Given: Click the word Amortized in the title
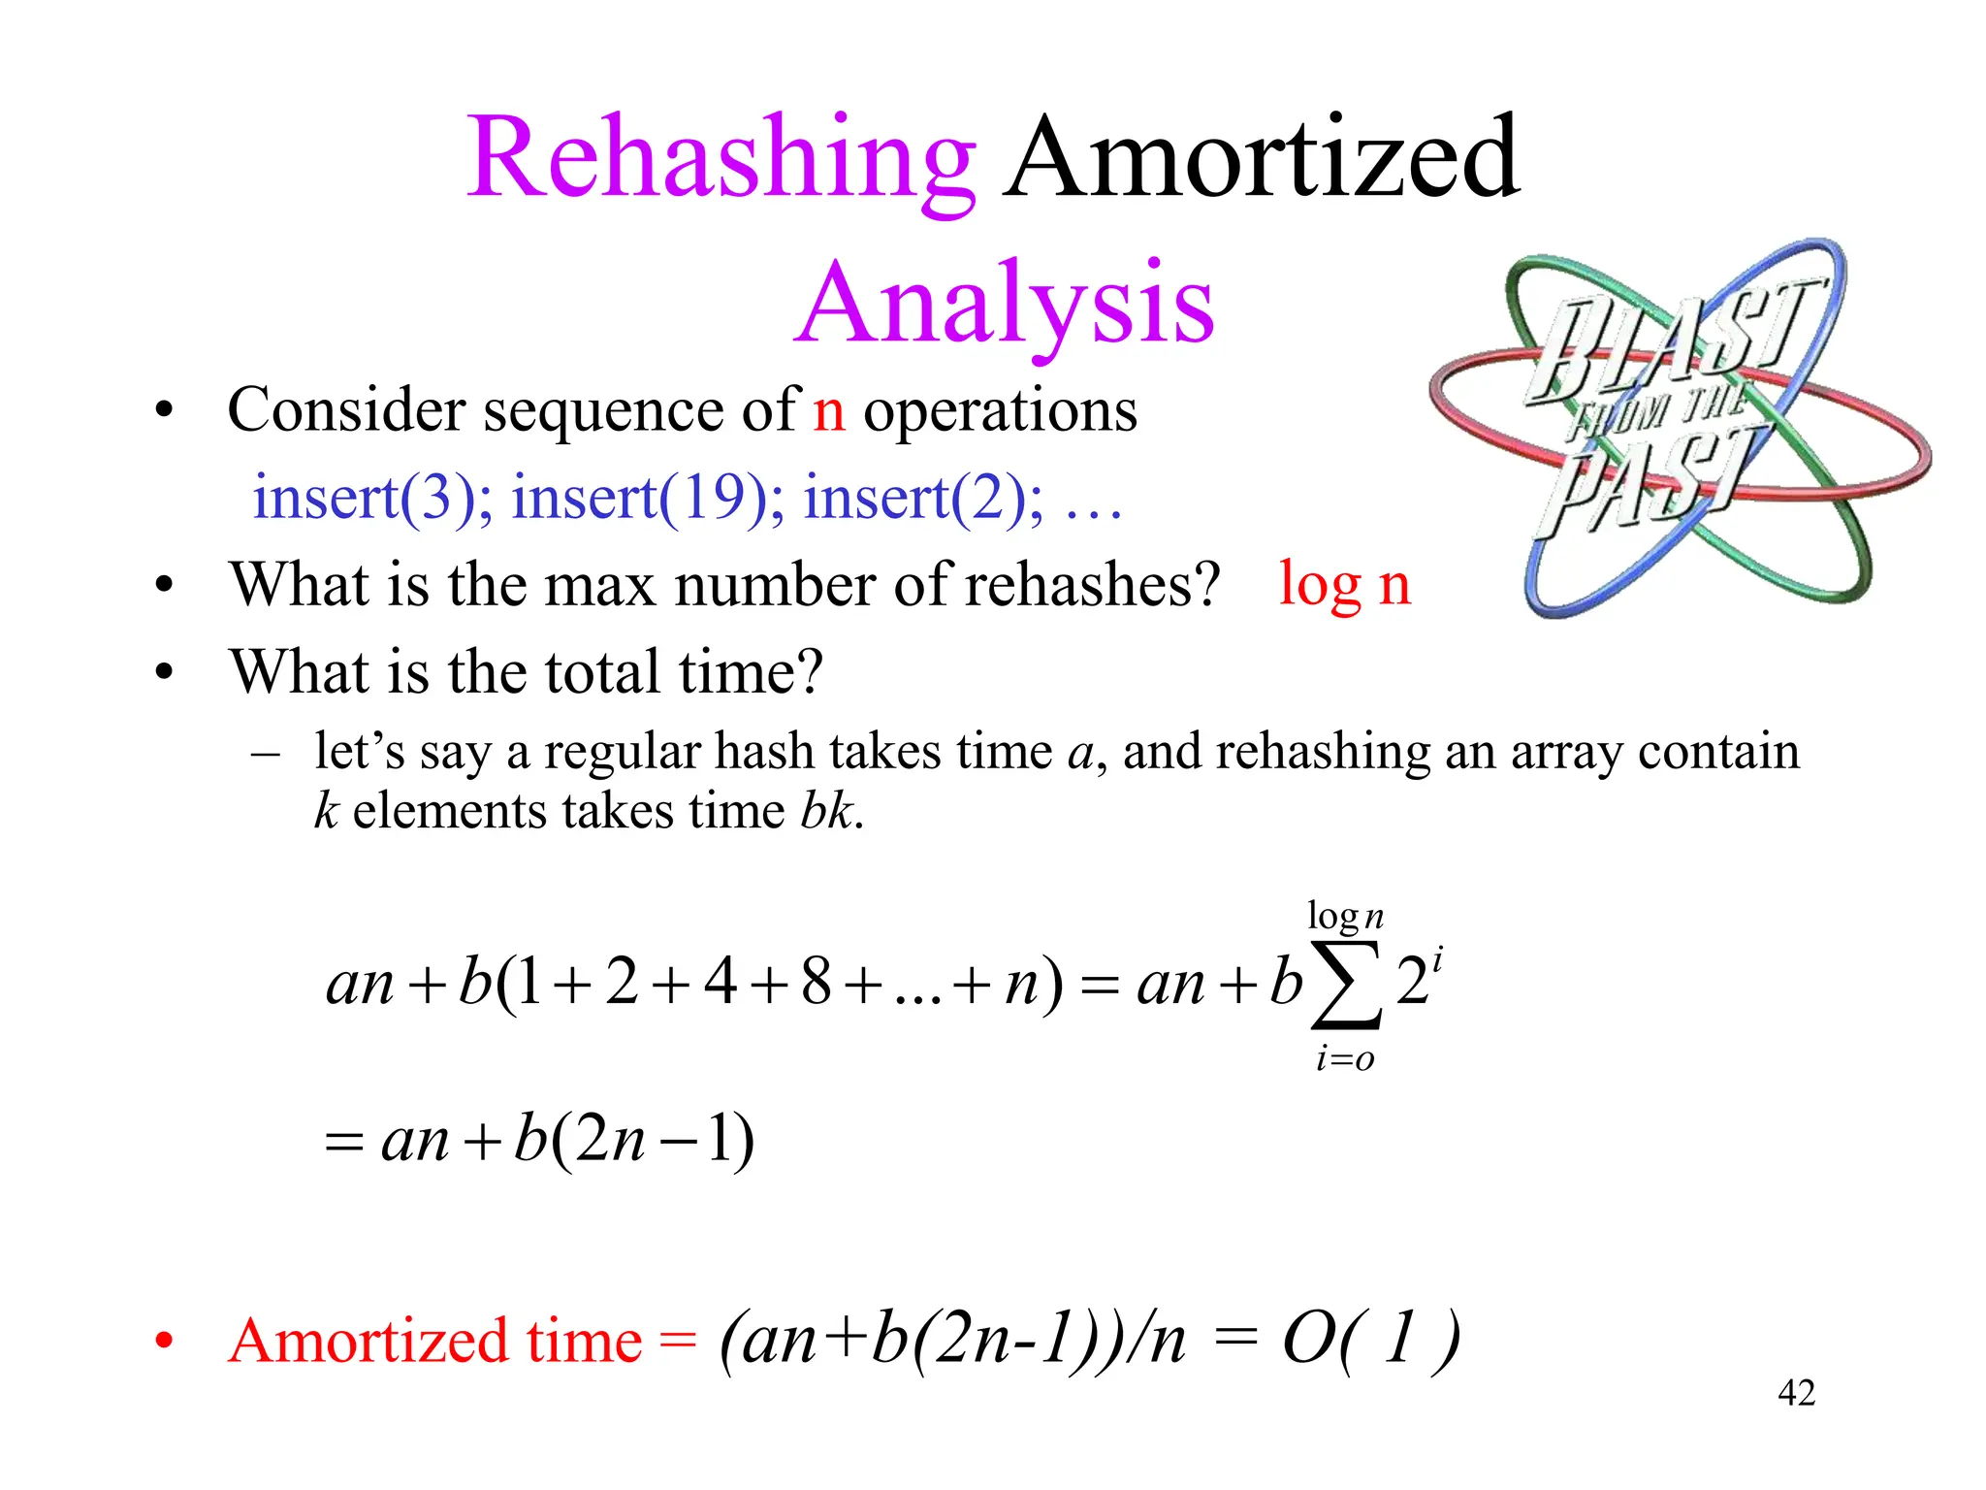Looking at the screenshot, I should tap(1261, 159).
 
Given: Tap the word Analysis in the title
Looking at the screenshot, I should tap(1005, 305).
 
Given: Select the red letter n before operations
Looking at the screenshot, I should tap(829, 412).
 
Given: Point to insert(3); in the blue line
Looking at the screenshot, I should tap(372, 499).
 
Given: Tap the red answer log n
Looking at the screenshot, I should tap(1344, 586).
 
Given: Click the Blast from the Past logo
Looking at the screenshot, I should tap(1678, 427).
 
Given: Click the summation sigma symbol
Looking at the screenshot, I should tap(1345, 985).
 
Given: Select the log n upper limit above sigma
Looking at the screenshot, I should tap(1345, 917).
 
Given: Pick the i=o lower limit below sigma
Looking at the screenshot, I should tap(1345, 1059).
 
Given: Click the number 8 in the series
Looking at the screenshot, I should tap(816, 982).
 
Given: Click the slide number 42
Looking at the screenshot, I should tap(1796, 1394).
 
